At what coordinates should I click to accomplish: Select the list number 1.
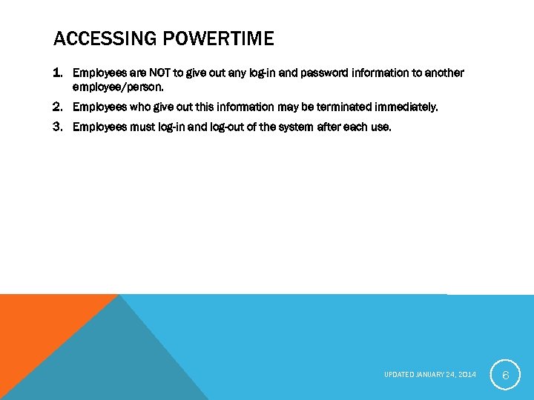click(x=59, y=73)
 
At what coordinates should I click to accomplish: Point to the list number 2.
click(x=59, y=107)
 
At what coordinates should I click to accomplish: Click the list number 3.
click(x=59, y=127)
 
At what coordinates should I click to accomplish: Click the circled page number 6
click(x=505, y=376)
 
